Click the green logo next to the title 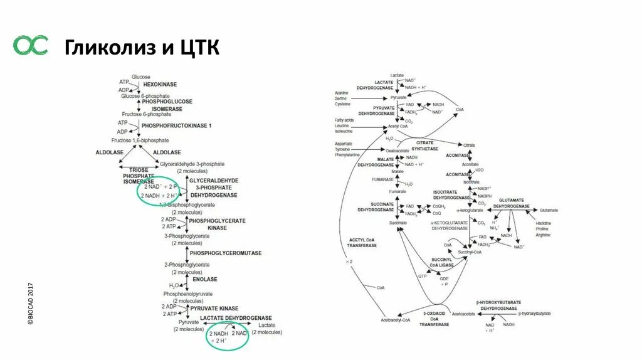[x=31, y=45]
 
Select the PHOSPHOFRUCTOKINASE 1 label [x=176, y=126]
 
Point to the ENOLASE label [x=204, y=279]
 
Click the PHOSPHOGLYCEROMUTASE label [x=226, y=253]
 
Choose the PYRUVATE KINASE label [x=214, y=309]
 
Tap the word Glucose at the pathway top [x=141, y=77]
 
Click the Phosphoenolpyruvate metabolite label [x=188, y=294]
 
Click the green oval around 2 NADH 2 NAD [x=228, y=337]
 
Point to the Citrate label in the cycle [x=469, y=145]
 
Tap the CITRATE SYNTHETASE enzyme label [x=426, y=146]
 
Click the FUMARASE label [x=382, y=180]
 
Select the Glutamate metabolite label [x=549, y=210]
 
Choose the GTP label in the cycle [x=422, y=276]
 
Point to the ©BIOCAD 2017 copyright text [x=29, y=304]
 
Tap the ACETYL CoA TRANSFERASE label [x=362, y=243]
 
